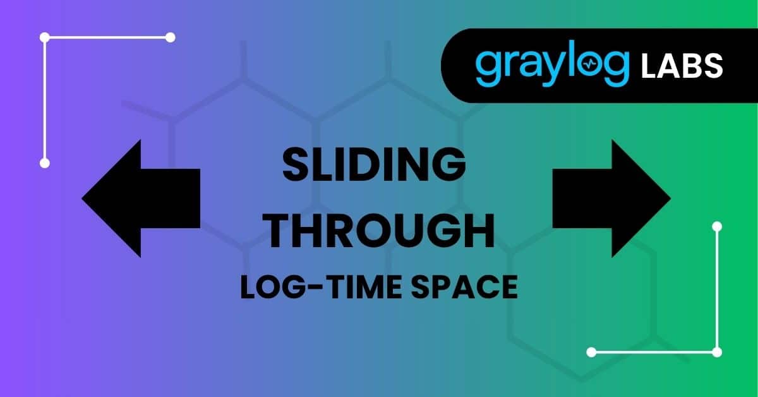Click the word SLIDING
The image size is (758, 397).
[x=373, y=165]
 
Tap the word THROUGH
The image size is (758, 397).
[x=378, y=231]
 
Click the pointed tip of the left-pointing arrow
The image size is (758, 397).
[x=84, y=198]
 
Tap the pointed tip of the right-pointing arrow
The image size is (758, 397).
[x=670, y=198]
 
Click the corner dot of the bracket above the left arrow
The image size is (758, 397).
[x=45, y=38]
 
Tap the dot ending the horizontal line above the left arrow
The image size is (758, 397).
[x=170, y=38]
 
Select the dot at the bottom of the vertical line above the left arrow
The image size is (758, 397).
[x=45, y=163]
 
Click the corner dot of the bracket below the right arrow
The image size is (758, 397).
[x=716, y=351]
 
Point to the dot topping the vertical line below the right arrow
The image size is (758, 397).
[x=716, y=226]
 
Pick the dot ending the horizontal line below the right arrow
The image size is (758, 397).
[x=591, y=351]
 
